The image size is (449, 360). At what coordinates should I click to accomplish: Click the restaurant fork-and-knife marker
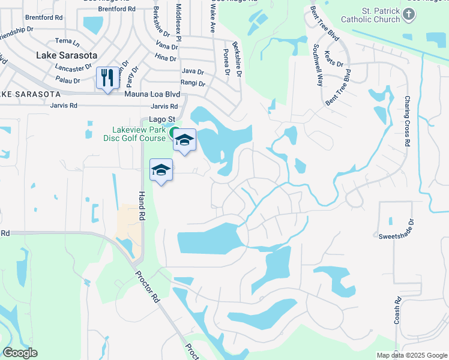pos(107,78)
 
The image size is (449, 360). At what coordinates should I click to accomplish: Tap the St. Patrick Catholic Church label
pos(373,15)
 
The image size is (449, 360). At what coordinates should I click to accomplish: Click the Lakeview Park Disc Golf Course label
pos(139,134)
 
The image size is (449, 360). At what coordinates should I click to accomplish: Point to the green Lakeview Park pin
pos(173,133)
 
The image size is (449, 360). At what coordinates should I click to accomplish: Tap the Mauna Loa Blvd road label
pos(152,94)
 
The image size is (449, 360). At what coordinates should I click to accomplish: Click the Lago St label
pos(161,119)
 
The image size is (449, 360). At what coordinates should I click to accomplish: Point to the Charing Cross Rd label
pos(408,121)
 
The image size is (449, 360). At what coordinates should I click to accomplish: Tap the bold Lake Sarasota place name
pos(67,55)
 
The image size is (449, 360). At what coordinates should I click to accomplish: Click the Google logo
pos(20,352)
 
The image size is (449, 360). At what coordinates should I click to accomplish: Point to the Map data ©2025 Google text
pos(411,355)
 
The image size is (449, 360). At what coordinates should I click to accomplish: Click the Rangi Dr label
pos(193,83)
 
